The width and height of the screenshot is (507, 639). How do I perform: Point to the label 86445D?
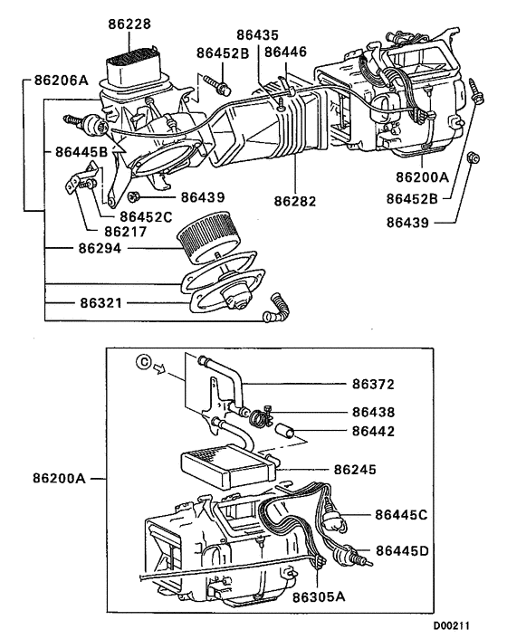(403, 549)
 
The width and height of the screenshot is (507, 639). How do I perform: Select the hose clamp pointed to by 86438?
(261, 418)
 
